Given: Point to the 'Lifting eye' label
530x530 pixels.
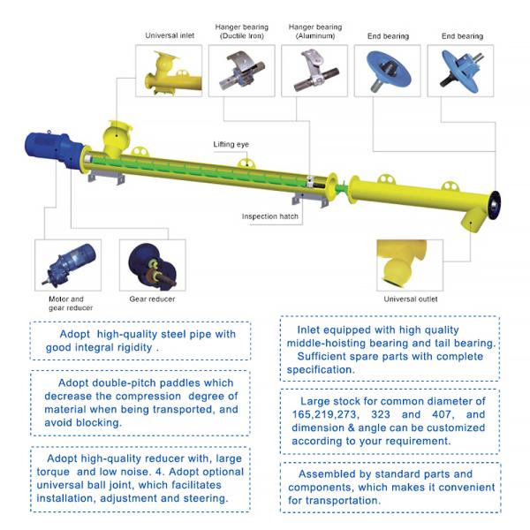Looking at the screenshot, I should tap(231, 143).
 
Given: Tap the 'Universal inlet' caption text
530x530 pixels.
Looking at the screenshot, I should tap(169, 36).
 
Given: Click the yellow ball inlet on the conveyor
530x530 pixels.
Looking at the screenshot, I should tap(116, 137).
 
